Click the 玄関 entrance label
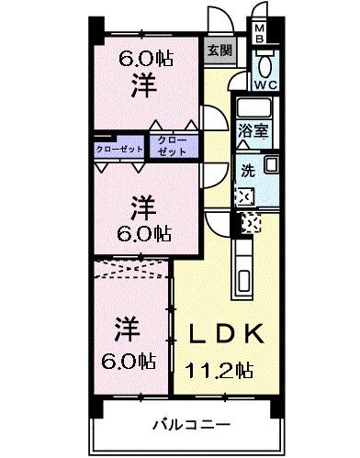pyautogui.click(x=218, y=51)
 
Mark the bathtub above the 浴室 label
pyautogui.click(x=254, y=108)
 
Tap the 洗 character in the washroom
pyautogui.click(x=247, y=170)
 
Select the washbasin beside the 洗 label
pyautogui.click(x=270, y=166)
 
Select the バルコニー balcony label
pyautogui.click(x=187, y=425)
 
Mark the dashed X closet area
pyautogui.click(x=131, y=269)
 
